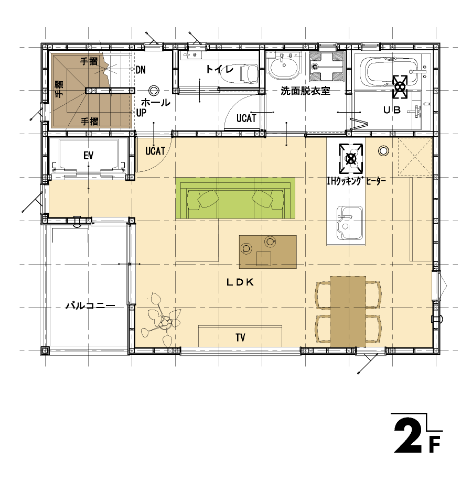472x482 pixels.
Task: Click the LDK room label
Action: tap(240, 282)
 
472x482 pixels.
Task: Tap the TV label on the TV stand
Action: tap(240, 337)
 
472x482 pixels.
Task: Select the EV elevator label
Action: tap(88, 156)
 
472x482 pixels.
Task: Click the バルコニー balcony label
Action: tap(90, 305)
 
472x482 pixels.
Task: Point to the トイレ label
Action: tap(219, 69)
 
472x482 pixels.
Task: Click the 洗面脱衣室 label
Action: tap(305, 91)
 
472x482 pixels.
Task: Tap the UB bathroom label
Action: tap(392, 109)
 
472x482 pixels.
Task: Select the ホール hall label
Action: tap(155, 102)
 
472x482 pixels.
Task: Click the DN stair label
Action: tap(141, 70)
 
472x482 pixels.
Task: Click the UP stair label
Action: tap(141, 113)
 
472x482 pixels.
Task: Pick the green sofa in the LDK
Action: tap(235, 199)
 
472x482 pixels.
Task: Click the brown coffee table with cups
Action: tap(268, 252)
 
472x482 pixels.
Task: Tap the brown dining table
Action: tap(348, 311)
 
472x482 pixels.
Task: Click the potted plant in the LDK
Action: tap(162, 320)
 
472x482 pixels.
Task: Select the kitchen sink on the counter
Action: tap(349, 223)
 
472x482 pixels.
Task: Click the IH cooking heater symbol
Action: tap(351, 158)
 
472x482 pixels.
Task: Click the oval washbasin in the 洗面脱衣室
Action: tap(283, 66)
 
